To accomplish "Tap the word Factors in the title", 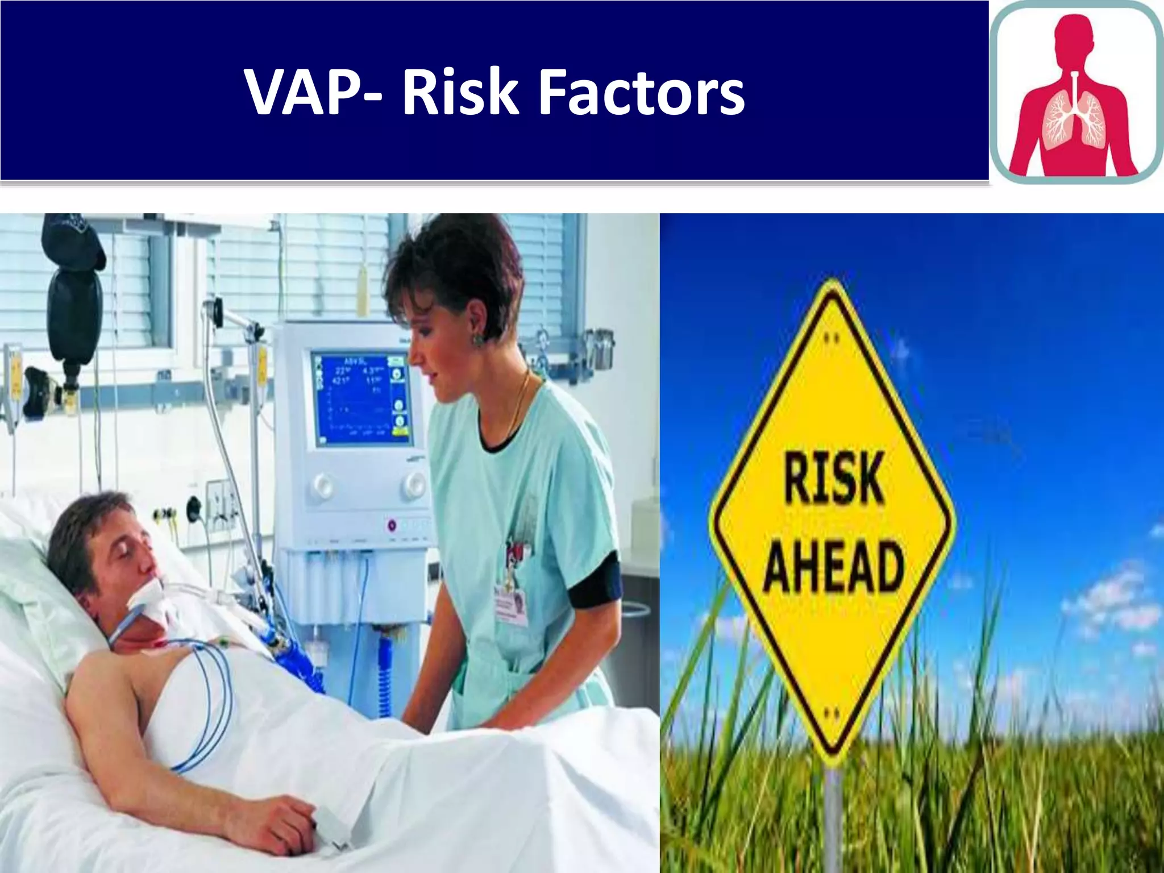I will [x=641, y=92].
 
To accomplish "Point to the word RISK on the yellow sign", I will [x=834, y=478].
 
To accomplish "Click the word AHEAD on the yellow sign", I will [x=834, y=565].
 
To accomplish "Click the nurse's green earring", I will [x=478, y=339].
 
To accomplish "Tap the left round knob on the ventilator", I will [x=323, y=485].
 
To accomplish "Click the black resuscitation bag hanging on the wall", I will [x=74, y=307].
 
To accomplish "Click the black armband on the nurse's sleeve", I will [x=596, y=580].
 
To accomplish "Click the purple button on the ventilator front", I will [x=392, y=526].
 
